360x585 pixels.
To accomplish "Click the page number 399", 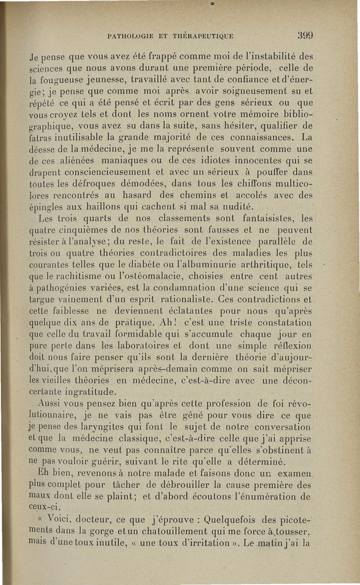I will [x=305, y=36].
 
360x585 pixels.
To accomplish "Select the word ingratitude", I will [x=89, y=393].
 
